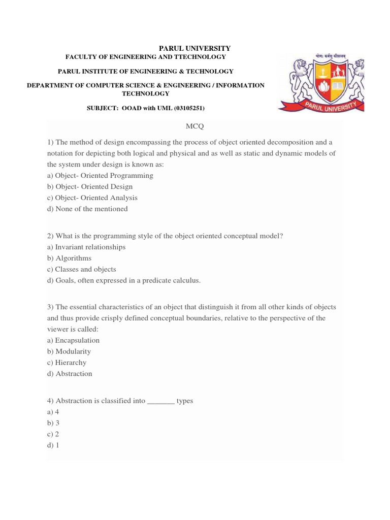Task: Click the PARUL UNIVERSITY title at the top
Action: pyautogui.click(x=195, y=48)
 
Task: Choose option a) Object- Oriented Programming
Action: pyautogui.click(x=100, y=175)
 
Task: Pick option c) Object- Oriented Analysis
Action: pyautogui.click(x=92, y=198)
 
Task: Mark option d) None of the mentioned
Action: pyautogui.click(x=87, y=209)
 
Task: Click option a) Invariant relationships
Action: pyautogui.click(x=86, y=247)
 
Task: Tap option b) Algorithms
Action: pyautogui.click(x=70, y=258)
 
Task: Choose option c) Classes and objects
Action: pyautogui.click(x=82, y=269)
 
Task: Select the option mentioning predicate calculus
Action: pyautogui.click(x=124, y=280)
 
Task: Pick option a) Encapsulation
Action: pyautogui.click(x=73, y=340)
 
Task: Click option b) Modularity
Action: pyautogui.click(x=69, y=351)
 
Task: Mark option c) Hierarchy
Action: pyautogui.click(x=67, y=363)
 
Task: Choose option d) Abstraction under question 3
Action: pyautogui.click(x=70, y=374)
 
